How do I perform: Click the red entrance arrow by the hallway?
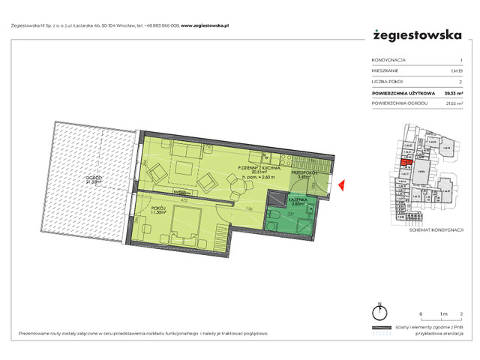point(341,184)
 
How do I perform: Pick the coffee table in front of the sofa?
point(182,169)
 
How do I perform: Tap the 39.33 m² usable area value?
point(451,92)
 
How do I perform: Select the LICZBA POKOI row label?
point(387,81)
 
